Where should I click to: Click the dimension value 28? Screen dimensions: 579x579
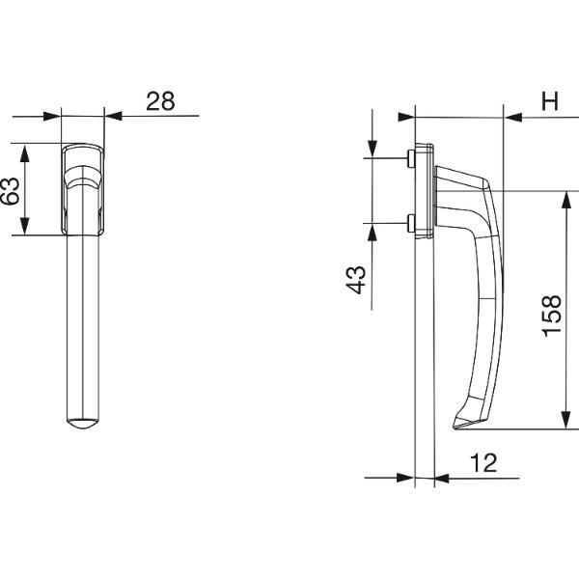tap(160, 101)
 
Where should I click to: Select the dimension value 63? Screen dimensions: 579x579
tap(10, 191)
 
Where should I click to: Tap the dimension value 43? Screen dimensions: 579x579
tap(357, 280)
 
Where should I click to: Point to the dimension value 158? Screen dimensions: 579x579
tap(551, 317)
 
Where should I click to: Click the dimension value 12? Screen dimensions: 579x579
tap(483, 463)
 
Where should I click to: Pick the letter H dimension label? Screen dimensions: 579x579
tap(550, 100)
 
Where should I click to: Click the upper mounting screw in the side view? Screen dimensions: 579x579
tap(411, 158)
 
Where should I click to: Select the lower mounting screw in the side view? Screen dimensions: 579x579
tap(411, 224)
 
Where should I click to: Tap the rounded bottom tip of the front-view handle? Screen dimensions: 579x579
tap(83, 424)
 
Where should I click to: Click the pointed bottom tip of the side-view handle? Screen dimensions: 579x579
tap(454, 427)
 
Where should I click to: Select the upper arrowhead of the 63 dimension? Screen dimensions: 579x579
tap(24, 153)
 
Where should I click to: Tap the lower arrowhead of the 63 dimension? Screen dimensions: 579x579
tap(24, 226)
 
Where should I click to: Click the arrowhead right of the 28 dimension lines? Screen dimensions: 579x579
tap(113, 116)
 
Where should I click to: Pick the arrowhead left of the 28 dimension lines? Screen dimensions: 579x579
tap(52, 117)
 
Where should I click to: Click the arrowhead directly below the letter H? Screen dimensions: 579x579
tap(513, 118)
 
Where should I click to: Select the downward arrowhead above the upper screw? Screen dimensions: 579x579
tap(372, 150)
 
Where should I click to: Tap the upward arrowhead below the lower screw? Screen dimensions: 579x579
tap(372, 233)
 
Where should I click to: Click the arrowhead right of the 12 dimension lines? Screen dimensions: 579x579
tap(443, 479)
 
